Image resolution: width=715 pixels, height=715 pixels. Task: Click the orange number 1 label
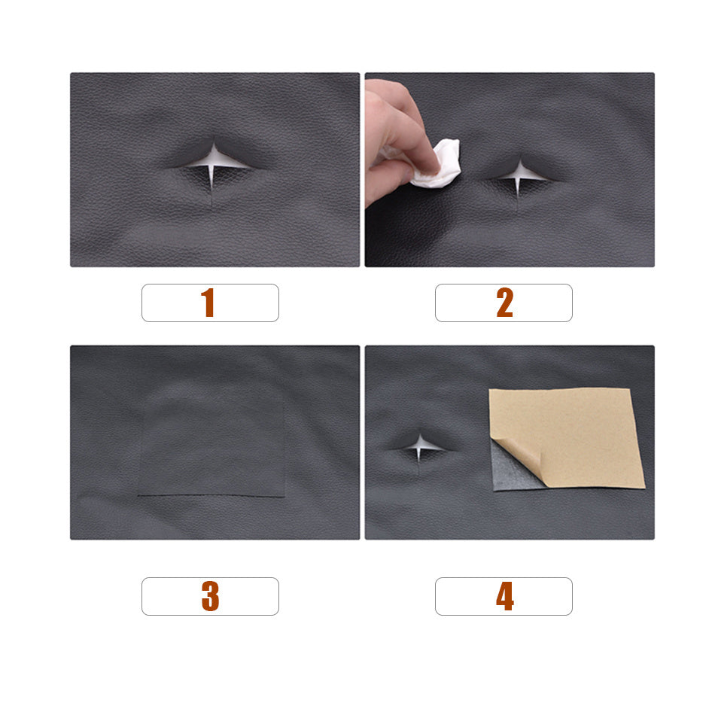(208, 303)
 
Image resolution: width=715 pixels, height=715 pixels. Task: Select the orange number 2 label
(504, 303)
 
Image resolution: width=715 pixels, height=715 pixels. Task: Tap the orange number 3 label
(210, 596)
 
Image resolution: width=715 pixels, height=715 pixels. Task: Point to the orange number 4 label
(504, 596)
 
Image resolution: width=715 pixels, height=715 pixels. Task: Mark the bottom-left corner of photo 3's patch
(138, 495)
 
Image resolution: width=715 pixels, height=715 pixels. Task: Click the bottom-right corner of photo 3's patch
(284, 497)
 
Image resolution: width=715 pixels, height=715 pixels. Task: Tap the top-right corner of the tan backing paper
(629, 389)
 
